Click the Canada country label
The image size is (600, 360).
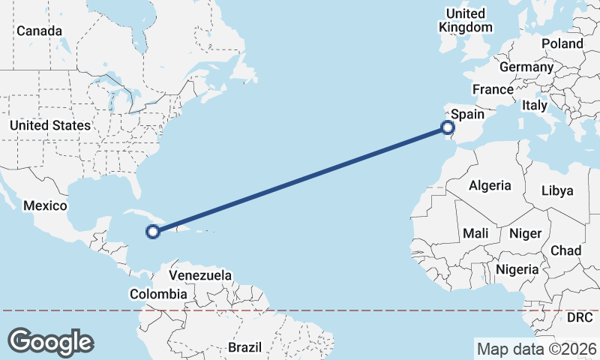pyautogui.click(x=40, y=31)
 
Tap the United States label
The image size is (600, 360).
pyautogui.click(x=50, y=125)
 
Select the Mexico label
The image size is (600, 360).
pyautogui.click(x=45, y=205)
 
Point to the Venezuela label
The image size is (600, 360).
pyautogui.click(x=200, y=275)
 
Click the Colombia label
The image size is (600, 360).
pyautogui.click(x=158, y=294)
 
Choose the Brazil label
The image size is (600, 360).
pyautogui.click(x=244, y=348)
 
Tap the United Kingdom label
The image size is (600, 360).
pyautogui.click(x=466, y=20)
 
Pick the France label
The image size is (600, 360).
pyautogui.click(x=493, y=89)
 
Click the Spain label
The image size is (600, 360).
pyautogui.click(x=467, y=115)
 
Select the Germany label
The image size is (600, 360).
pyautogui.click(x=526, y=67)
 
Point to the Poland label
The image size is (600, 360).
pyautogui.click(x=562, y=43)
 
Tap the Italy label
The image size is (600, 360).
pyautogui.click(x=535, y=106)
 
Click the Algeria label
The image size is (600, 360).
pyautogui.click(x=490, y=185)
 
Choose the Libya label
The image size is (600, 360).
pyautogui.click(x=557, y=190)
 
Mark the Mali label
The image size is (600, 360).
pyautogui.click(x=475, y=233)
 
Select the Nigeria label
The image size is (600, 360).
pyautogui.click(x=517, y=268)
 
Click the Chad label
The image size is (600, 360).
pyautogui.click(x=565, y=250)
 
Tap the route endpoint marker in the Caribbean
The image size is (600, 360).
pyautogui.click(x=153, y=232)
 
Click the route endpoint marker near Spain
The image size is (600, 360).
pyautogui.click(x=448, y=127)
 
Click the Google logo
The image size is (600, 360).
pyautogui.click(x=50, y=342)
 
